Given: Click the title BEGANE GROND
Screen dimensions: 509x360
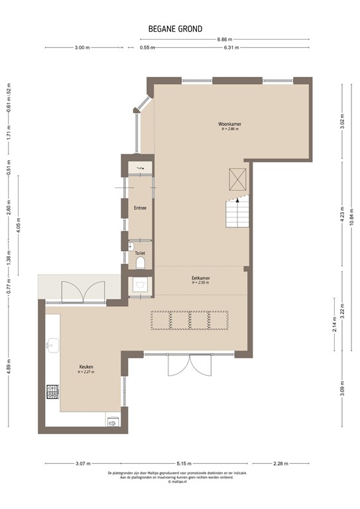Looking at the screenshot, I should pos(176,28).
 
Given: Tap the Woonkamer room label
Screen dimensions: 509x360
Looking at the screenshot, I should pos(229,124).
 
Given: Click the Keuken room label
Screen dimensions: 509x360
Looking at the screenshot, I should pos(86,367).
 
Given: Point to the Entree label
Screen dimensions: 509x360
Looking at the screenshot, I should pos(140,208).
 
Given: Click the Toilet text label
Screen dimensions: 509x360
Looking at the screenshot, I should pos(140,253).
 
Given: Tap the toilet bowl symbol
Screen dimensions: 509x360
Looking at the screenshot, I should pos(140,264).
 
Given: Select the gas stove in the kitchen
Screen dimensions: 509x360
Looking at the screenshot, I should pos(52,392).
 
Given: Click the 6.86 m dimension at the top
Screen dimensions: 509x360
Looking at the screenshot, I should pos(225,39).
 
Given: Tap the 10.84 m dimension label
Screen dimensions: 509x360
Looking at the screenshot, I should pos(351,218).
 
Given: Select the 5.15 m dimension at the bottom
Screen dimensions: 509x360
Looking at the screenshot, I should pos(184,463).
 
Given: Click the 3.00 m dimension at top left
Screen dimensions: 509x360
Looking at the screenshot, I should pos(82,48).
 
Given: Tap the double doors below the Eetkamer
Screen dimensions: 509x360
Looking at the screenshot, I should pos(189,366).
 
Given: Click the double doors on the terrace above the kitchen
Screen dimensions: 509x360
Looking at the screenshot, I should pos(83,290).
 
